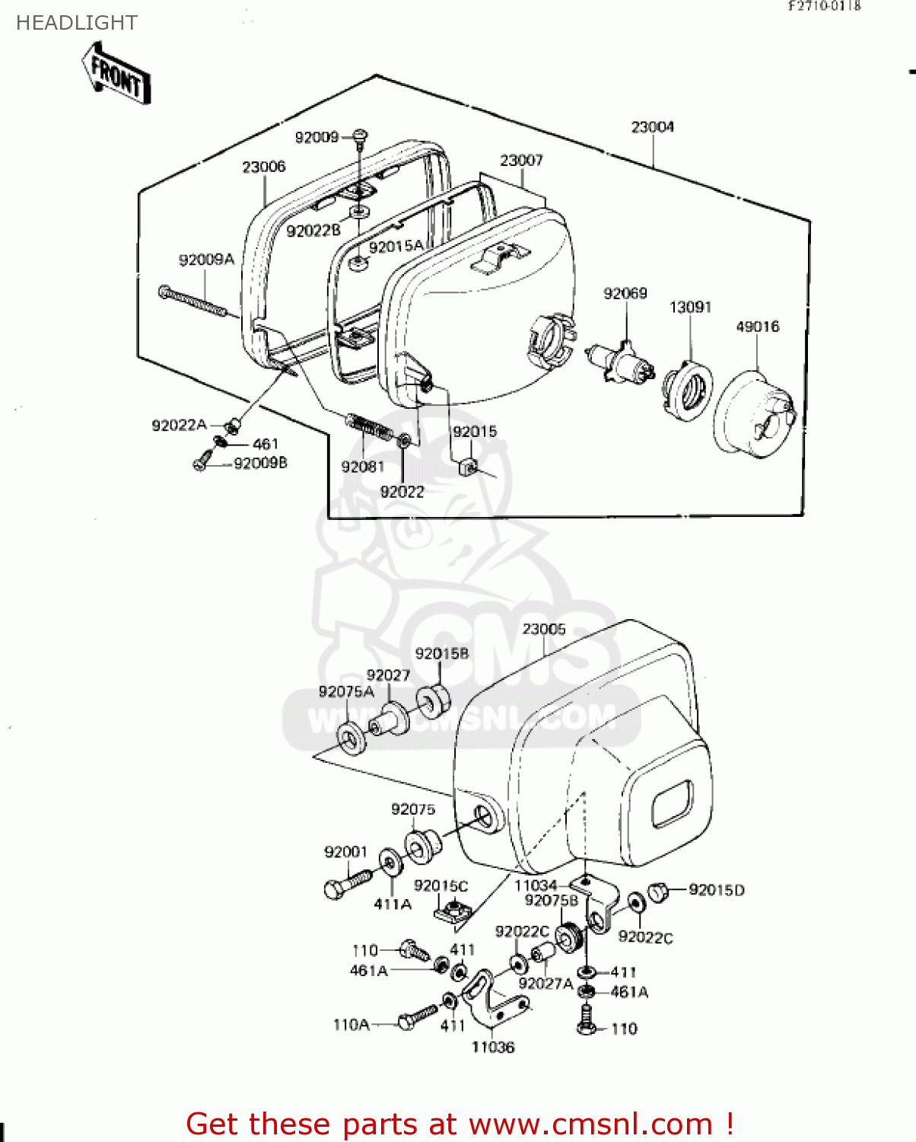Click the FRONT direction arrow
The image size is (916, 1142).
(116, 74)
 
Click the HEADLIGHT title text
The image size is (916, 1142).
(77, 23)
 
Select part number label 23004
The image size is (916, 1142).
(652, 127)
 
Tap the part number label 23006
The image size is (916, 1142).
(264, 167)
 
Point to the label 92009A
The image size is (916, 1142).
(206, 260)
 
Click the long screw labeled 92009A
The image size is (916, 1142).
(194, 301)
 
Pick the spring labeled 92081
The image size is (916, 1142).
(369, 426)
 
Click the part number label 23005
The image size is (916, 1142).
(544, 630)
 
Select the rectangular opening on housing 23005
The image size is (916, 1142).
(672, 804)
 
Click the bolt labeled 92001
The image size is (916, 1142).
(346, 884)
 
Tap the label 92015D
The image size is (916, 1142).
(716, 890)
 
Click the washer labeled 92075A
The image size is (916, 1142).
(351, 738)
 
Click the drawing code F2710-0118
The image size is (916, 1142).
(824, 6)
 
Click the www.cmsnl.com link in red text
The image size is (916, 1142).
(591, 1124)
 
